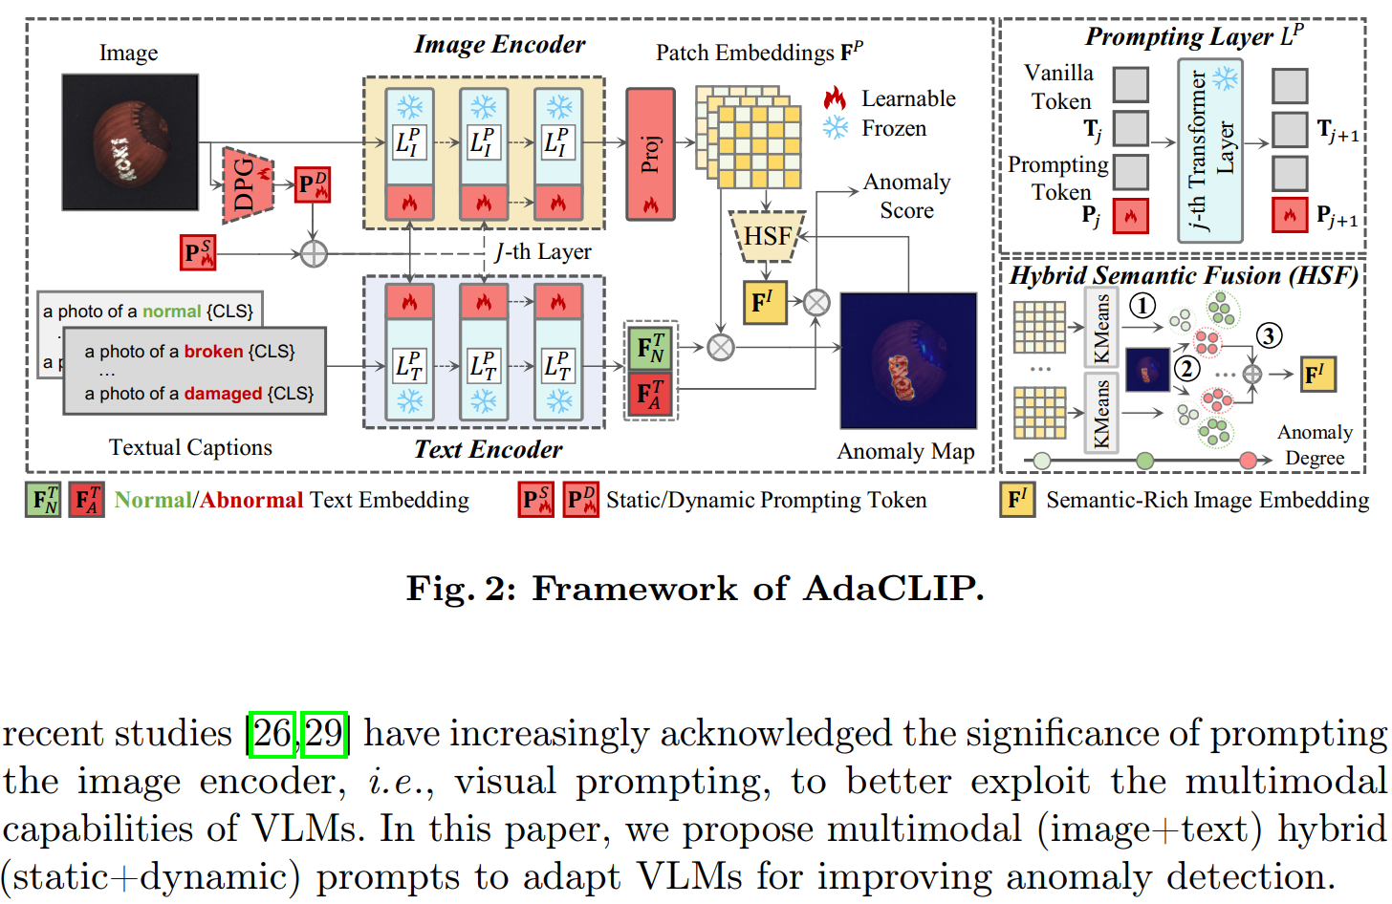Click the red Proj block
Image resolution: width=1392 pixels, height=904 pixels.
(650, 154)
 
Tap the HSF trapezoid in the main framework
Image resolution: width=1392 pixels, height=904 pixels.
(767, 236)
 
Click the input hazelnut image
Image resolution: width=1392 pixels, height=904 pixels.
(130, 141)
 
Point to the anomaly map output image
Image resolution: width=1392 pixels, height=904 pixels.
(907, 360)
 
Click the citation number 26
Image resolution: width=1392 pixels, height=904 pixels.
(272, 734)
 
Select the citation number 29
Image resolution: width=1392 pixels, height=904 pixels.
(323, 734)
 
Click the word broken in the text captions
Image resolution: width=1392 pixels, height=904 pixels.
(213, 352)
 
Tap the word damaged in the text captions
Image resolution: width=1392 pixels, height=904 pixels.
(223, 394)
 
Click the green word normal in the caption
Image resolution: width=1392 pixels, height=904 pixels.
(171, 312)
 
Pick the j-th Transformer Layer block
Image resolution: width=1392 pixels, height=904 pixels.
(1209, 150)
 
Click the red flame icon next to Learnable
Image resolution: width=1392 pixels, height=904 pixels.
(835, 97)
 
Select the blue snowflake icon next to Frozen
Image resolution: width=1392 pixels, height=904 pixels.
(835, 128)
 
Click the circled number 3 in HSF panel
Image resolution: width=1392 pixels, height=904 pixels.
(1269, 335)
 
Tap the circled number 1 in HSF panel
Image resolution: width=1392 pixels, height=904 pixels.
(1142, 306)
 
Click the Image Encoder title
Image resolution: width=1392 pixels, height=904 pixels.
(499, 44)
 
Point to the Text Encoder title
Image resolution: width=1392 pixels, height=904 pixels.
(488, 449)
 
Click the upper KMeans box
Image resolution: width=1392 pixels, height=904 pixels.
(1101, 328)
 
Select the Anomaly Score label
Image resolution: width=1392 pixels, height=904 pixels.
(906, 196)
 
